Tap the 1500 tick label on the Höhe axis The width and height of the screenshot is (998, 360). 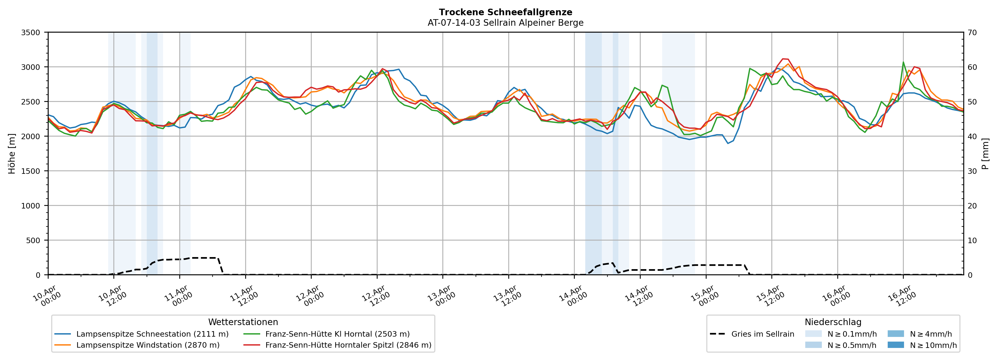[x=31, y=171]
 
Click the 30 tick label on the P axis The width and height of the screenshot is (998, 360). [x=972, y=171]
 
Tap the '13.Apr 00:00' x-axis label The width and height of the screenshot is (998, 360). [x=441, y=296]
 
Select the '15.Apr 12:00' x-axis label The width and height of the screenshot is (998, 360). [x=770, y=296]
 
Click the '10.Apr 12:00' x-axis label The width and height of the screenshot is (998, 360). [x=112, y=296]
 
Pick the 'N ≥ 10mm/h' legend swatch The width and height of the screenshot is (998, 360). [x=895, y=345]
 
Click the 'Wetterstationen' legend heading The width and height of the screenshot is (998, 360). [x=243, y=322]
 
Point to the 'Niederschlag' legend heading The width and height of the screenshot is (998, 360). [x=833, y=322]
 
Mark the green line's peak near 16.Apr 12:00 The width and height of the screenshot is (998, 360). [x=903, y=62]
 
